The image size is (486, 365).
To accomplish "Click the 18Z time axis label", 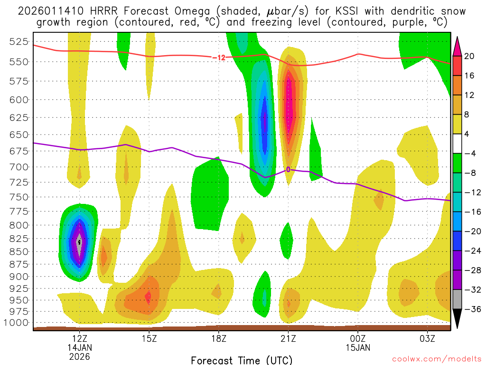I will [218, 339].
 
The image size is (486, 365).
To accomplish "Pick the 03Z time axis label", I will [428, 339].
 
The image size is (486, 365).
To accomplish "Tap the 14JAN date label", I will [80, 347].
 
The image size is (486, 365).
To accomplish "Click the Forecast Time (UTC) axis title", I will [242, 360].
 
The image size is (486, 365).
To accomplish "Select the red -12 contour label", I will [219, 58].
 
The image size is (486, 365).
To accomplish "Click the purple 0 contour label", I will [288, 169].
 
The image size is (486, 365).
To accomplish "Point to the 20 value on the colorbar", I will [469, 56].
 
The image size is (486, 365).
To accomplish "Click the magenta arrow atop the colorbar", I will [458, 46].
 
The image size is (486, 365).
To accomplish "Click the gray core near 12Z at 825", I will [79, 242].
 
